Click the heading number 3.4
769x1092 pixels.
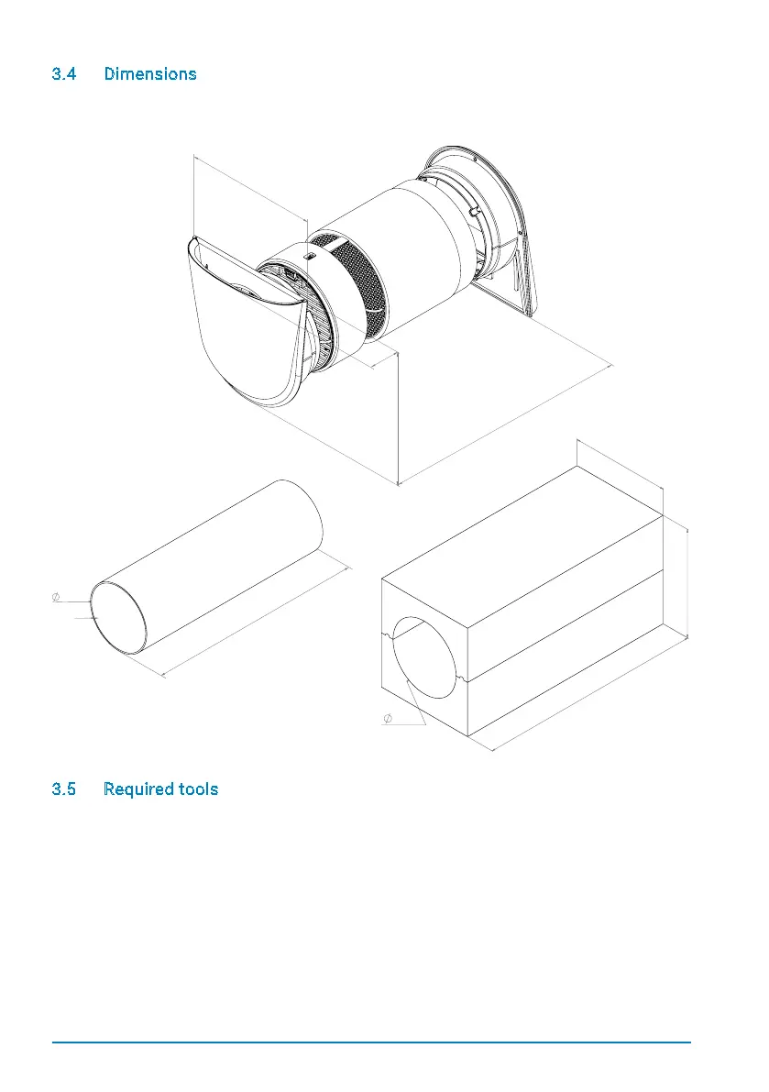(64, 74)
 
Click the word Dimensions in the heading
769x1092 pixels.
(150, 74)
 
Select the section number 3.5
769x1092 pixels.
(64, 789)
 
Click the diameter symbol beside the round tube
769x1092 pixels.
(56, 597)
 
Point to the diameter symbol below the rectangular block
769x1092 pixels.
(388, 717)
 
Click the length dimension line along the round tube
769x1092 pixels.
(257, 623)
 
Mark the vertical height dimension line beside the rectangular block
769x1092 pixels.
(687, 582)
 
